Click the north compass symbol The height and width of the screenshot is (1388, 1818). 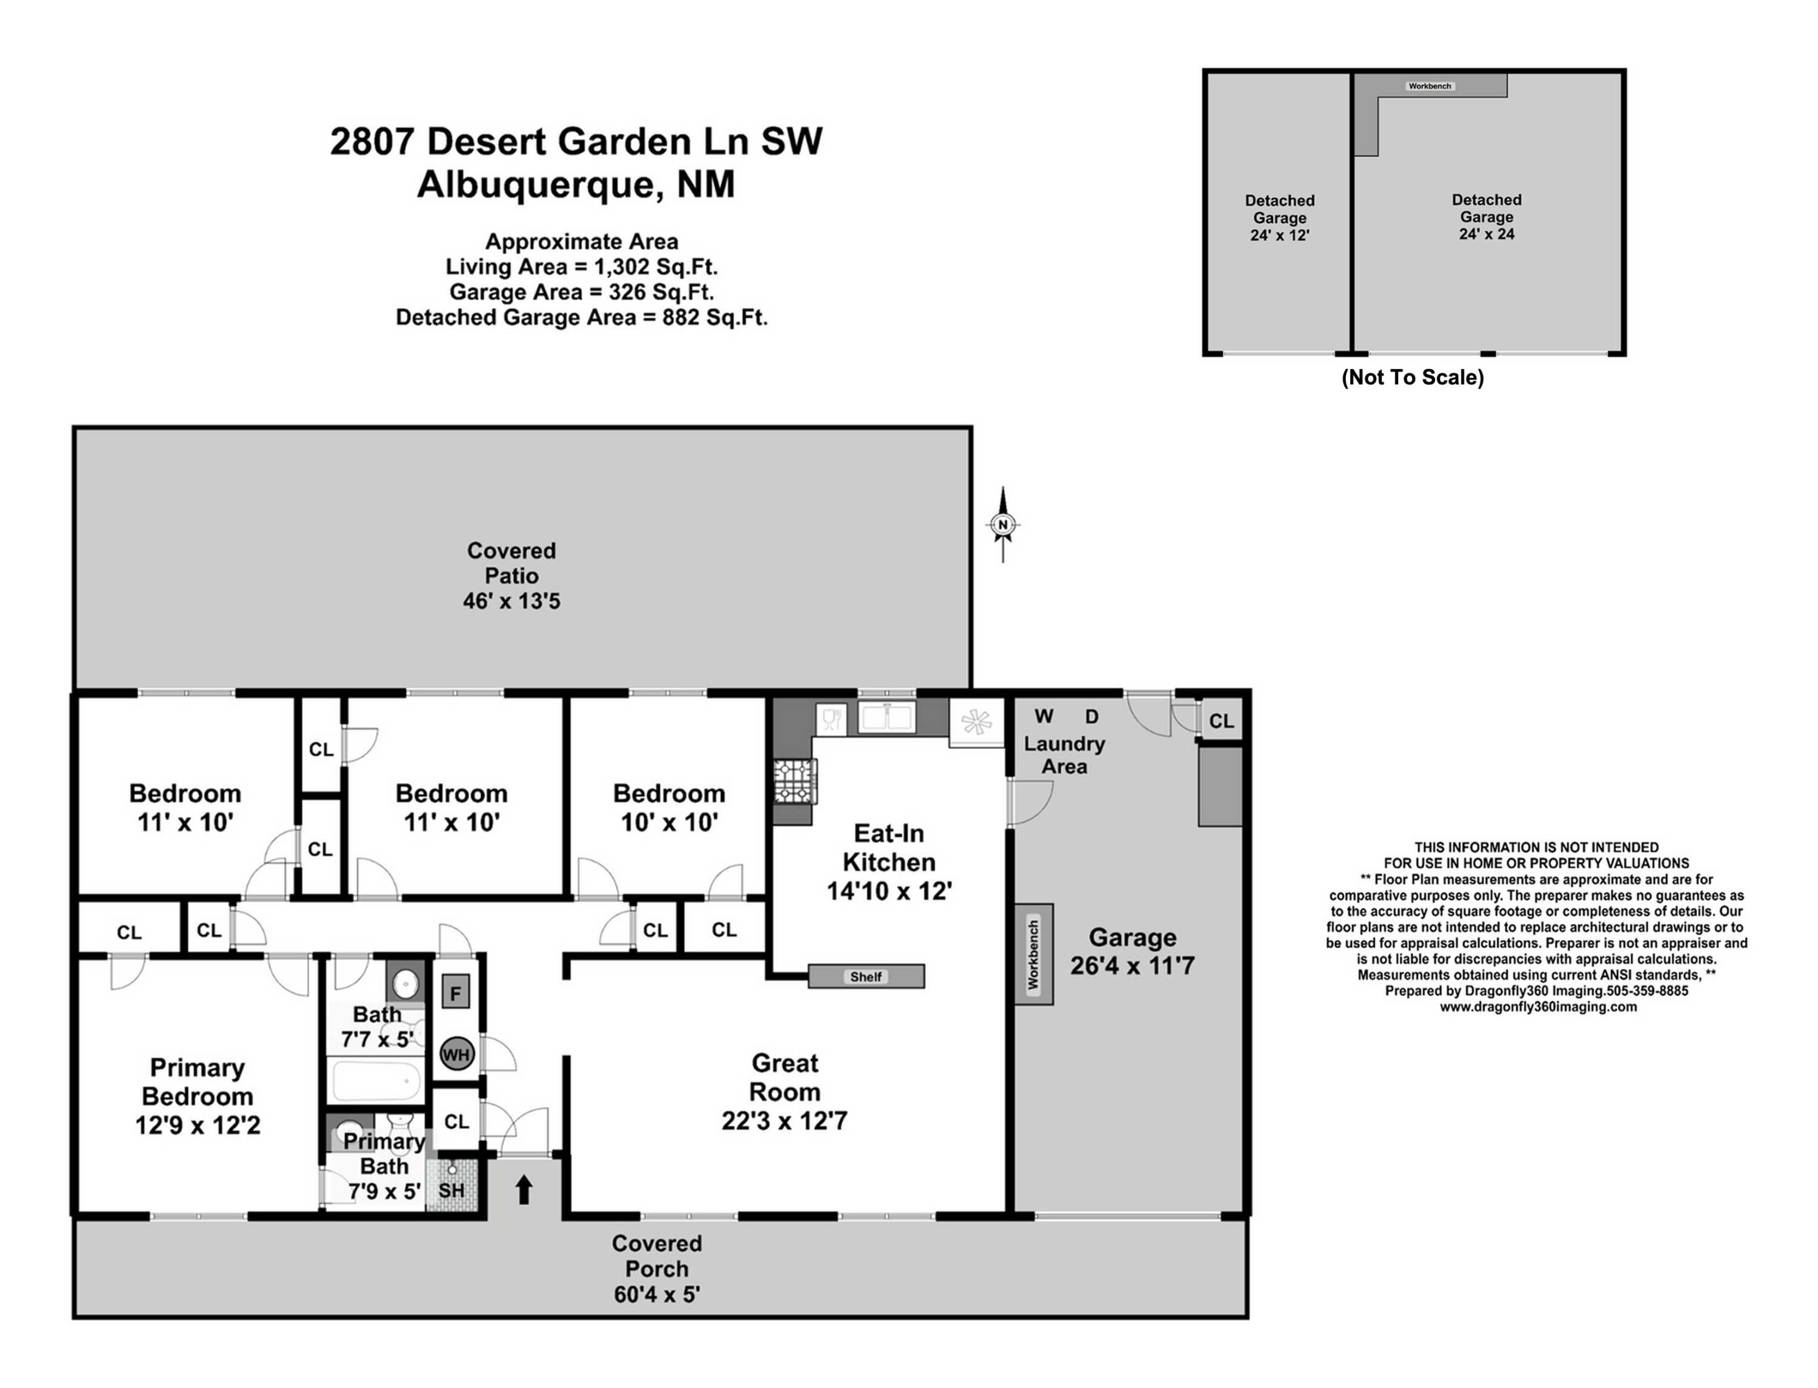1003,525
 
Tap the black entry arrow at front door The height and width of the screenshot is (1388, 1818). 524,1190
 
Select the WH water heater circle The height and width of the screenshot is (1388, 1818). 456,1054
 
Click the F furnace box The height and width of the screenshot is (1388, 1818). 455,992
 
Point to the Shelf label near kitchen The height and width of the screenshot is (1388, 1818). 865,976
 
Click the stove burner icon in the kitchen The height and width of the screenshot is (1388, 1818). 794,781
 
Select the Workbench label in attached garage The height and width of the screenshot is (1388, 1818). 1033,954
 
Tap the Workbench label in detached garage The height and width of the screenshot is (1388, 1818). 1429,86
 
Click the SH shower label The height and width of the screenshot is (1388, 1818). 451,1190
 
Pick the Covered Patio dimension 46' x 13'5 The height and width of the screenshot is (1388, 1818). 511,601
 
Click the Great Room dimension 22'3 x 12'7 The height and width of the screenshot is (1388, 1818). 784,1120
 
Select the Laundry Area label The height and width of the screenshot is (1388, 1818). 1064,755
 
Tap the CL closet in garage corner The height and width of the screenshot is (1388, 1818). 1221,721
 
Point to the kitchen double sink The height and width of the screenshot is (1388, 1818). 887,717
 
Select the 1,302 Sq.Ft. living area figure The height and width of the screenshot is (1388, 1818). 656,267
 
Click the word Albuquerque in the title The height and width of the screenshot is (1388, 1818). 535,184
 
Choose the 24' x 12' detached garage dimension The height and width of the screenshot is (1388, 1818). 1279,235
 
